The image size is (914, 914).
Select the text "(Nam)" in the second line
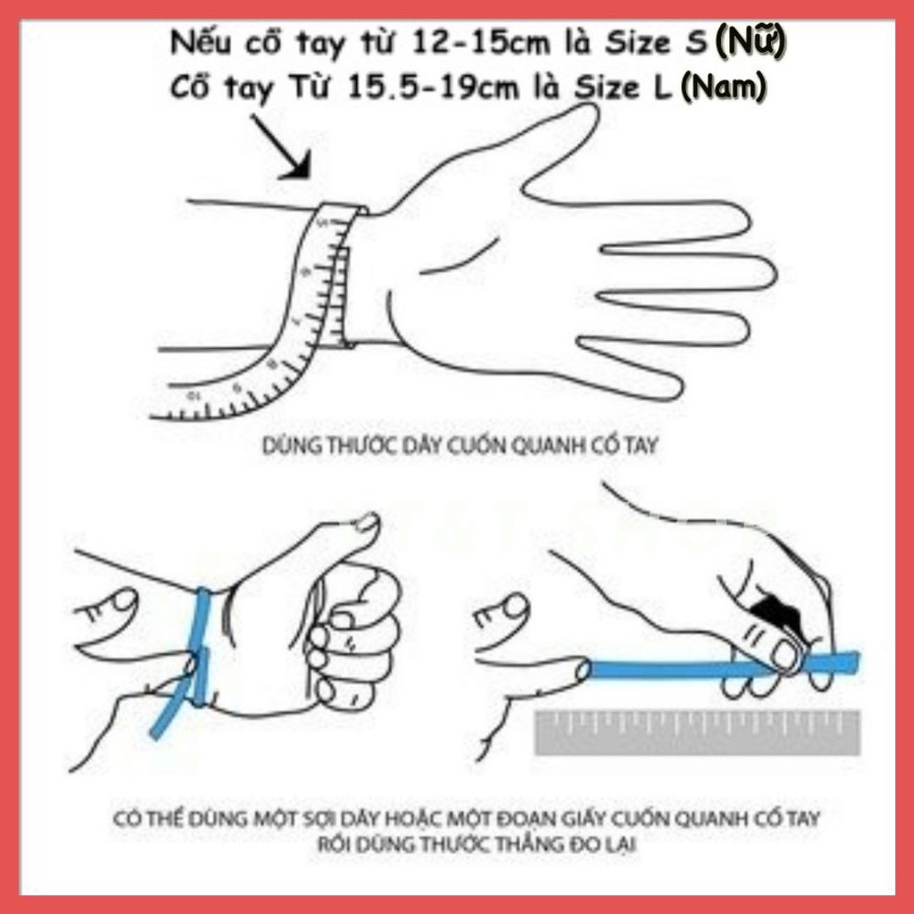[723, 88]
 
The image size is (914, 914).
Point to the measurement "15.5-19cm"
[433, 88]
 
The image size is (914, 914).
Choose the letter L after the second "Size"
[660, 88]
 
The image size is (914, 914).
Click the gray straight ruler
[697, 732]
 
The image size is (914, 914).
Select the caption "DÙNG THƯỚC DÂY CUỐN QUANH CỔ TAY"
[460, 446]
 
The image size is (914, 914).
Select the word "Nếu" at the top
[202, 43]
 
